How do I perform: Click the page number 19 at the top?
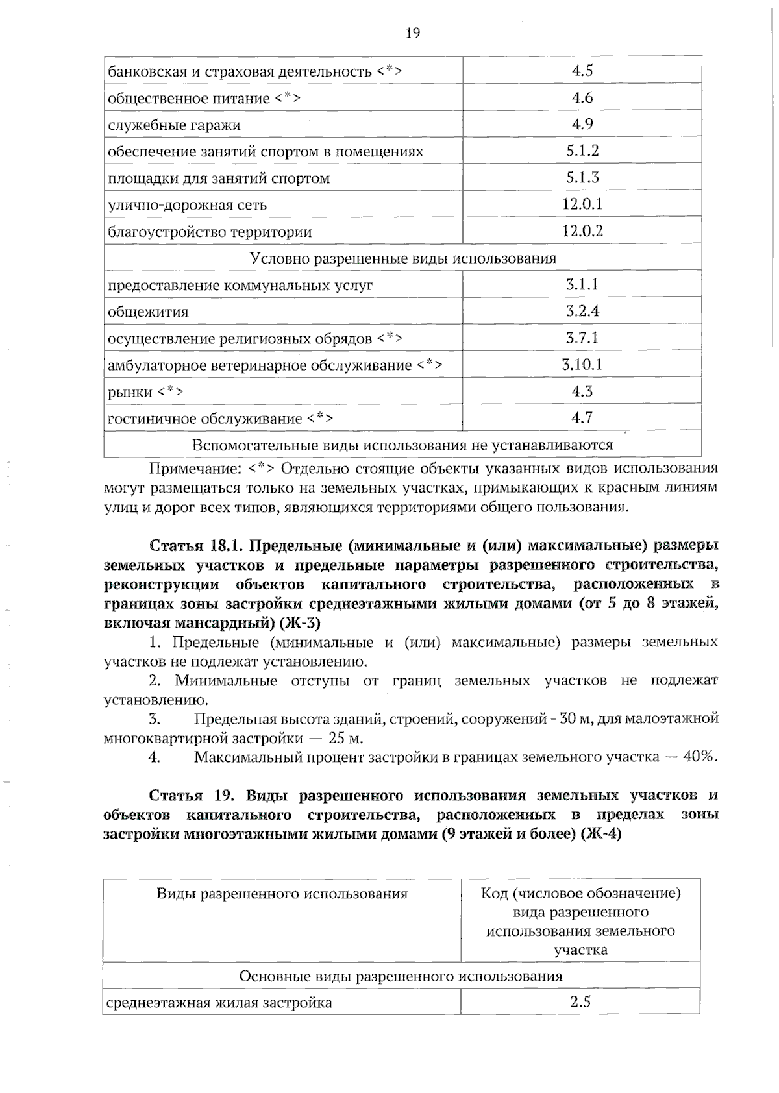click(413, 33)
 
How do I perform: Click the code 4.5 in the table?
click(582, 71)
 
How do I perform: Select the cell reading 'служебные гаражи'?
click(174, 125)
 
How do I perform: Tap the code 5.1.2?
click(582, 151)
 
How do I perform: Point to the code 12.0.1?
click(582, 204)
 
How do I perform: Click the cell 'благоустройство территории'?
click(210, 232)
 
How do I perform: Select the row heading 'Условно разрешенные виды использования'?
click(403, 258)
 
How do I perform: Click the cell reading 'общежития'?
click(148, 312)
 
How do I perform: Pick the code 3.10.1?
click(582, 365)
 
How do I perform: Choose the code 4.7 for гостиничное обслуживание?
click(582, 418)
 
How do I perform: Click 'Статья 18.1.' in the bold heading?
click(195, 544)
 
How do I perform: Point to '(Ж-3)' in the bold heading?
click(299, 623)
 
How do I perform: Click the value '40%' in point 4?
click(700, 757)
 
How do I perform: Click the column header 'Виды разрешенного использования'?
click(282, 894)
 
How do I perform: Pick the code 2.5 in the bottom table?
click(580, 1001)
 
